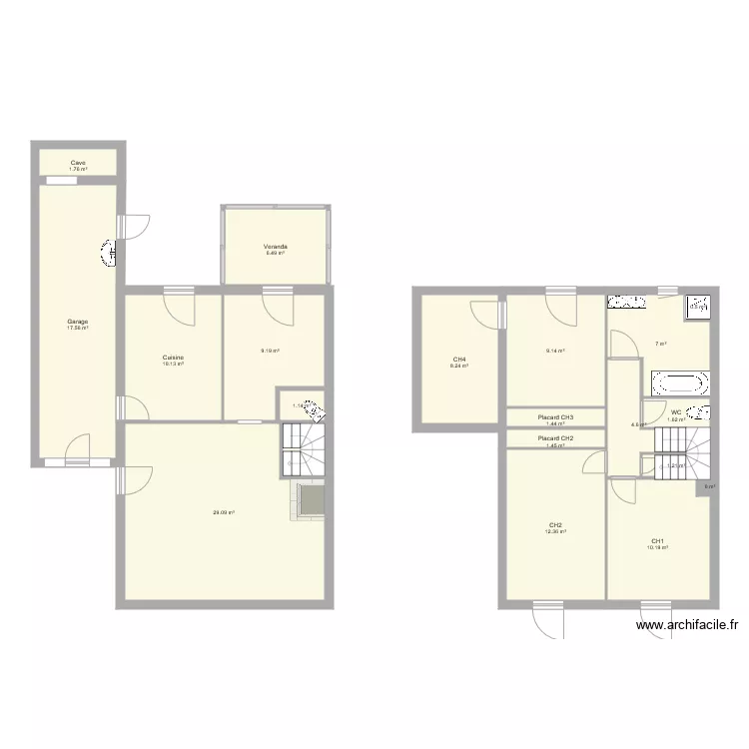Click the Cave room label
pos(77,162)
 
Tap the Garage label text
pos(77,322)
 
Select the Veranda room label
pos(276,246)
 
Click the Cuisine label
pos(173,358)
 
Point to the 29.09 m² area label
pos(224,513)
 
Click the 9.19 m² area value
pos(270,351)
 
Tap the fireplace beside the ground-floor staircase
pos(311,499)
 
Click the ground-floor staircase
pos(304,448)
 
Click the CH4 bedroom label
pos(459,360)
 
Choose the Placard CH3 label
pos(555,417)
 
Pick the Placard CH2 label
pos(555,438)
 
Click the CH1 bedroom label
pos(656,541)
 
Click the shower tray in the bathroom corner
pos(696,307)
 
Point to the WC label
pos(676,412)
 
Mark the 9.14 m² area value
pos(555,351)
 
